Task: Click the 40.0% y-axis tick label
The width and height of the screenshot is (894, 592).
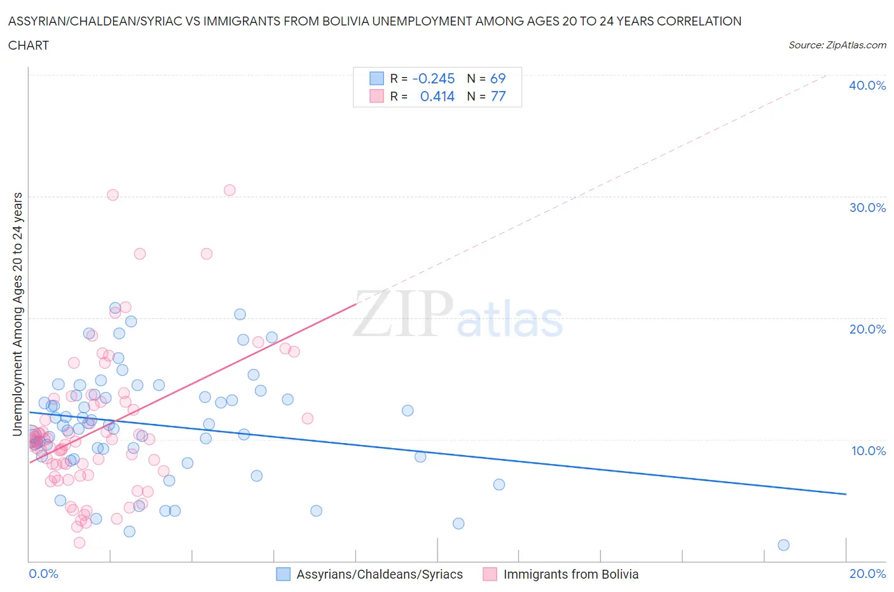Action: coord(867,85)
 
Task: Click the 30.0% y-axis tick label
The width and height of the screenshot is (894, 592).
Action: coord(867,208)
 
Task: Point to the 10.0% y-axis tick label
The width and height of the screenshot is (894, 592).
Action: coord(868,451)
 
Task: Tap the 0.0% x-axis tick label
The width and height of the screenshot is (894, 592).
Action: coord(43,574)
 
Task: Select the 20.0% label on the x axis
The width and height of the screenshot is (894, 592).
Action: coord(867,574)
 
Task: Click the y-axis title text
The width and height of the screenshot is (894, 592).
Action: coord(18,314)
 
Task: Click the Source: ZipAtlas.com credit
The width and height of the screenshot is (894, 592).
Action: coord(837,45)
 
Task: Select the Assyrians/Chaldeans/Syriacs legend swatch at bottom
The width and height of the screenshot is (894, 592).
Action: coord(283,574)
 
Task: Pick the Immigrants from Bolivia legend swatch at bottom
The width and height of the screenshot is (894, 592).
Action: coord(490,574)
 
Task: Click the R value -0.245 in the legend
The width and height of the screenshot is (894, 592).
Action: coord(434,78)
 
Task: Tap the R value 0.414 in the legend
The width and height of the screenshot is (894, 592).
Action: coord(437,96)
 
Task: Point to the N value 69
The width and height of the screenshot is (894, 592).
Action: coord(497,78)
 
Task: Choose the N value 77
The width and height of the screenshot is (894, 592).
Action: coord(498,96)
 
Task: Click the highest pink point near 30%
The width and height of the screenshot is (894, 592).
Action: coord(230,190)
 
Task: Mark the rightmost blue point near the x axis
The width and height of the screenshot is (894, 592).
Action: coord(783,545)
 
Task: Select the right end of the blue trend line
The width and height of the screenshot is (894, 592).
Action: coord(846,494)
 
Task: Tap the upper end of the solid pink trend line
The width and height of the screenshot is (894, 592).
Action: coord(356,304)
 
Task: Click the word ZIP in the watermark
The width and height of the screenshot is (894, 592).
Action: coord(403,313)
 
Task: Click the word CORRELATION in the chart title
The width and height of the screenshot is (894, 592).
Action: coord(699,21)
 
